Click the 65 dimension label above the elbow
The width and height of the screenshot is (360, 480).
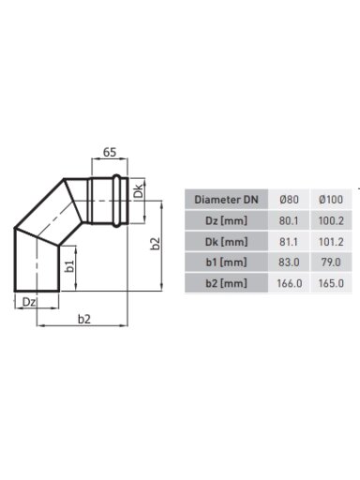click(110, 153)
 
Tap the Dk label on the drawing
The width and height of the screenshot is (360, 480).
click(138, 191)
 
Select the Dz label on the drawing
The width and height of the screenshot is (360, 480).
click(29, 302)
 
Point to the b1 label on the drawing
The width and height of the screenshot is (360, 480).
click(69, 265)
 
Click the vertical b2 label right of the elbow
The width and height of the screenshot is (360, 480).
click(155, 244)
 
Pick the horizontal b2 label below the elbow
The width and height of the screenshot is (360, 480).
click(84, 319)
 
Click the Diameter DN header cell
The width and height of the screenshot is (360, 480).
click(226, 200)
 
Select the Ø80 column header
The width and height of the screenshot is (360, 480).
click(289, 200)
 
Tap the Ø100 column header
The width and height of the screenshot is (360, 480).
click(331, 200)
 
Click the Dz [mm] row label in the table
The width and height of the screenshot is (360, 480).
click(226, 220)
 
